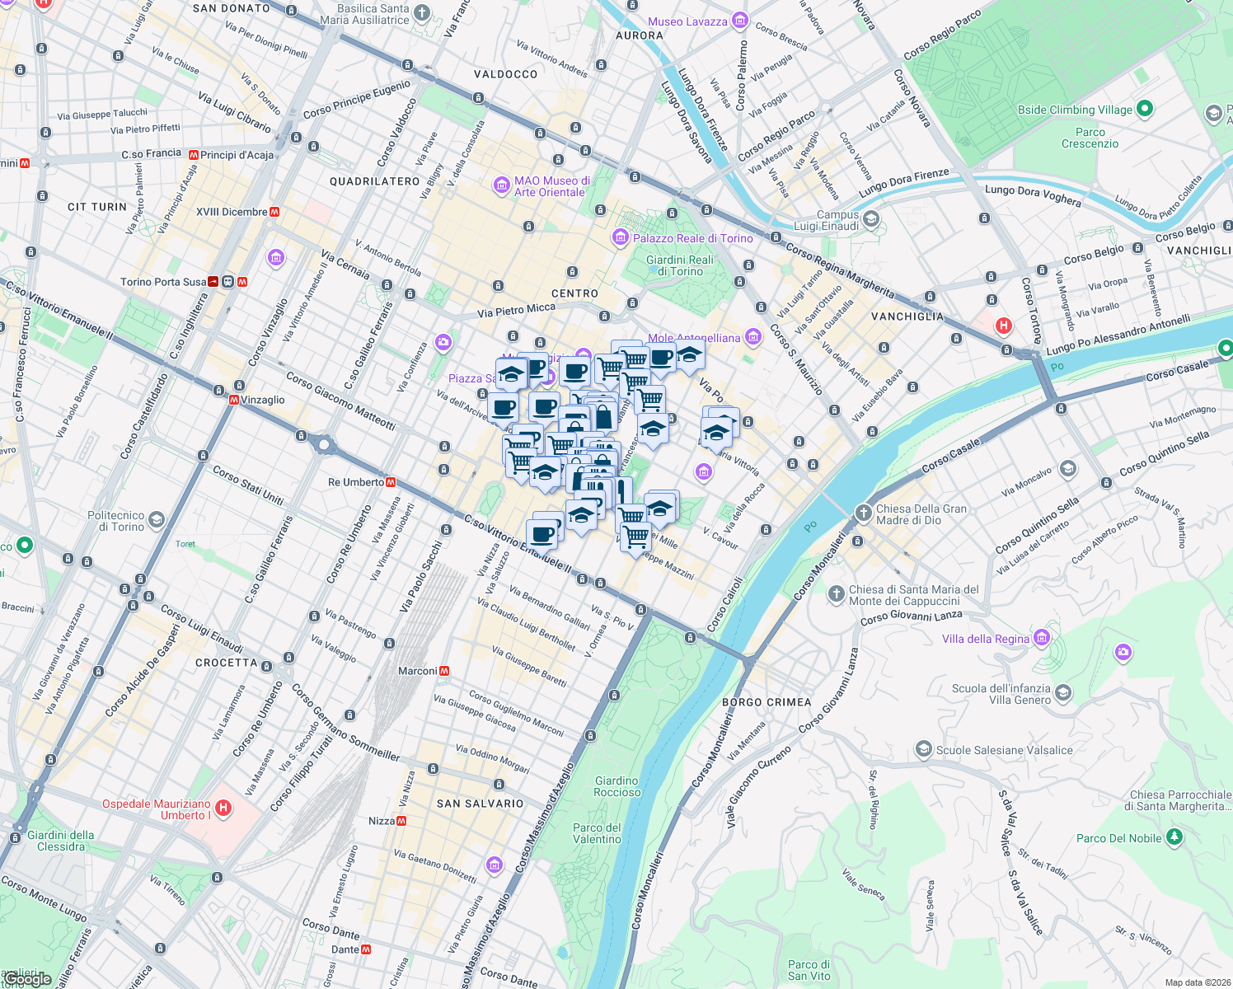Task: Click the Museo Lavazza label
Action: [687, 21]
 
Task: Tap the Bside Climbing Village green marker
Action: [1144, 109]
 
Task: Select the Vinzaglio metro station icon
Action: [234, 400]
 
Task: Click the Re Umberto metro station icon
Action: [391, 482]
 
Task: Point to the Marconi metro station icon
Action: [444, 671]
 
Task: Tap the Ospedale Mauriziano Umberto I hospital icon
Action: [223, 808]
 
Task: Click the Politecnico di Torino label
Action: [115, 521]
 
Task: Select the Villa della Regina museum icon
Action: [1042, 638]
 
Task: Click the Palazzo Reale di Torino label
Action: [692, 238]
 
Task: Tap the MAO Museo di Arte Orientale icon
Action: [501, 185]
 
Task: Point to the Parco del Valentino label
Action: [597, 833]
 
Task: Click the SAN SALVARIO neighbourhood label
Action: [480, 804]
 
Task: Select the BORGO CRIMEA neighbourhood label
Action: [767, 702]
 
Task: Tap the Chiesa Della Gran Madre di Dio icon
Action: [863, 513]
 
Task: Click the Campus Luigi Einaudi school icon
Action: [871, 219]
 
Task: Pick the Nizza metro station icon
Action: [401, 821]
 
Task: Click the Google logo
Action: [28, 979]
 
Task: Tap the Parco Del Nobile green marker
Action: [1174, 837]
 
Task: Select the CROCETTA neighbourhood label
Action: [227, 663]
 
